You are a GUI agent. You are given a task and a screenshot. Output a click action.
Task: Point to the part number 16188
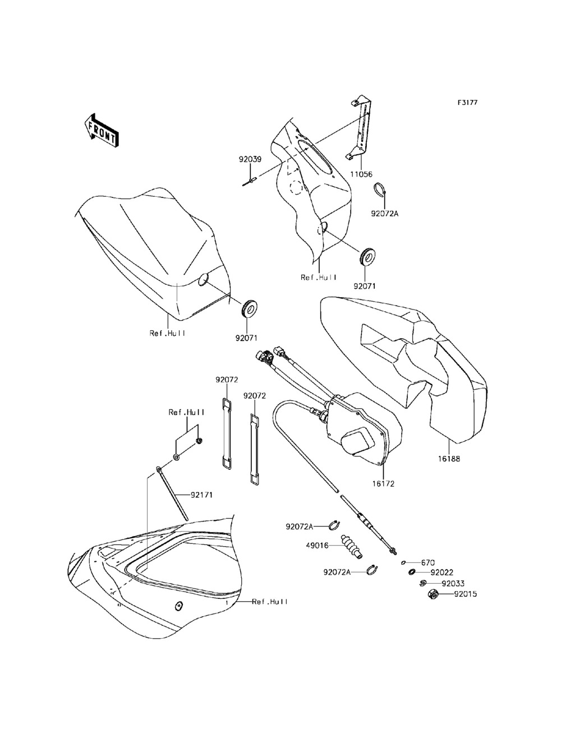pyautogui.click(x=449, y=459)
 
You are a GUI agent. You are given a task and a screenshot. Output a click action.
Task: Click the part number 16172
pyautogui.click(x=383, y=482)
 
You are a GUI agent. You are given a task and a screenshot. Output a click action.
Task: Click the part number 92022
pyautogui.click(x=442, y=573)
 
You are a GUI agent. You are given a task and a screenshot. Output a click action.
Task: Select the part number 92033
pyautogui.click(x=453, y=583)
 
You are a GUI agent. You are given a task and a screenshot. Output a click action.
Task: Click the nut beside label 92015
pyautogui.click(x=433, y=594)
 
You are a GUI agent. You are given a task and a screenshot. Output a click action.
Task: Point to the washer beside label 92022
pyautogui.click(x=412, y=572)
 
